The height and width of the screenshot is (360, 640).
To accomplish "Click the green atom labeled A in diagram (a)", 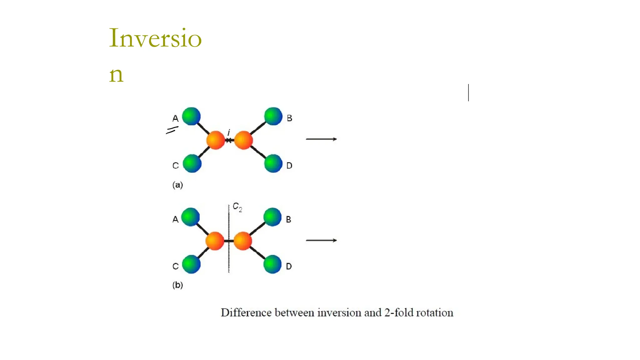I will pos(191,116).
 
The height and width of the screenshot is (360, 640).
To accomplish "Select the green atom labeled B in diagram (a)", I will pos(273,116).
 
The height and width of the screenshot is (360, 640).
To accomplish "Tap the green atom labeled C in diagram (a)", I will pos(192,163).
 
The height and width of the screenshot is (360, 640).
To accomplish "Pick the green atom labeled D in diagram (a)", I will pos(273,163).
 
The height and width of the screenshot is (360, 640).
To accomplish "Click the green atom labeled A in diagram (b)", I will pos(190,217).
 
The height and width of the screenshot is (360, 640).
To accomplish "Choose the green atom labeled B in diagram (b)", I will pos(272,217).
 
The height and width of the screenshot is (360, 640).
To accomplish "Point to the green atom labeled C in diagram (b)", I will pos(191,264).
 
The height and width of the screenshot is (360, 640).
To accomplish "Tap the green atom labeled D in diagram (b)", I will pos(272,264).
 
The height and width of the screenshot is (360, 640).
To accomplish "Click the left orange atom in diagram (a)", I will pos(216,140).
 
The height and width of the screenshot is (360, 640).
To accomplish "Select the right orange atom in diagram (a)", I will pos(243,140).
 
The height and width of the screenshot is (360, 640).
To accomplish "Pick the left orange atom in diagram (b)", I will pos(215,241).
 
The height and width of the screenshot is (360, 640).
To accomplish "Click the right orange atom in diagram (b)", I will pos(243,241).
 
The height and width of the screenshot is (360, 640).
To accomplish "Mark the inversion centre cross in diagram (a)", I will pos(229,140).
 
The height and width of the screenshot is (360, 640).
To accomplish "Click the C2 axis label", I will pos(237,207).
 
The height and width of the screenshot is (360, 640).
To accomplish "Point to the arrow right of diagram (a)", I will pos(321,139).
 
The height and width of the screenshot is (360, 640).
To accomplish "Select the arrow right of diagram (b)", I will pos(321,240).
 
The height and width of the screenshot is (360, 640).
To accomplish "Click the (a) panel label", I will pos(177,185).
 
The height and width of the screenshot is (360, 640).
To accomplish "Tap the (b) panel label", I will pos(177,285).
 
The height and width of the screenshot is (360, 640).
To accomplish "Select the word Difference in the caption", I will pos(246,312).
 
